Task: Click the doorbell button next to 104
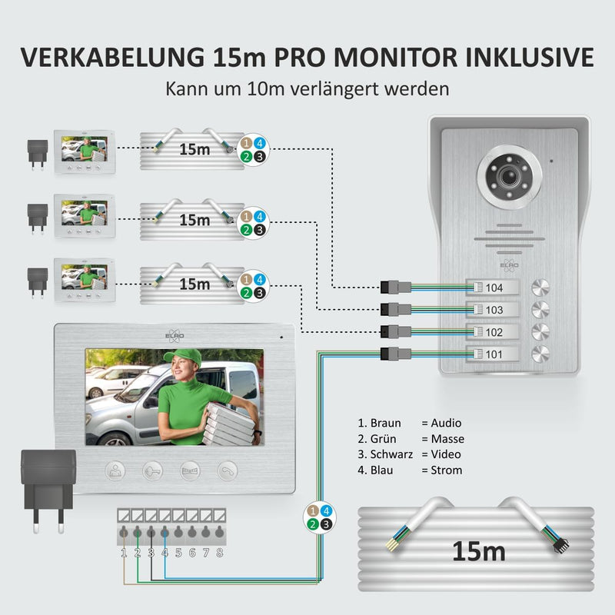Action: (540, 287)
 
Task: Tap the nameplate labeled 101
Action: (492, 354)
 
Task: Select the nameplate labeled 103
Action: (492, 310)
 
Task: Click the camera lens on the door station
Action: (509, 177)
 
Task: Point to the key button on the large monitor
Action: (152, 470)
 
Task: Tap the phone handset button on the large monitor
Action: (228, 470)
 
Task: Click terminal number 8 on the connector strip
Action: (220, 531)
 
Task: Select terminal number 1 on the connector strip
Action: (124, 531)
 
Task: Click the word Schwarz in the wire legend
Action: (391, 454)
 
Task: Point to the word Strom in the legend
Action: (447, 470)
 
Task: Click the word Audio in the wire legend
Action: (446, 423)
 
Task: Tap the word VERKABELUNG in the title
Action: (112, 57)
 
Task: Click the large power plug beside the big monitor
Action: (48, 491)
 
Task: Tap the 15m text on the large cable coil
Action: (479, 551)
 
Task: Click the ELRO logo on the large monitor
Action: (175, 336)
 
